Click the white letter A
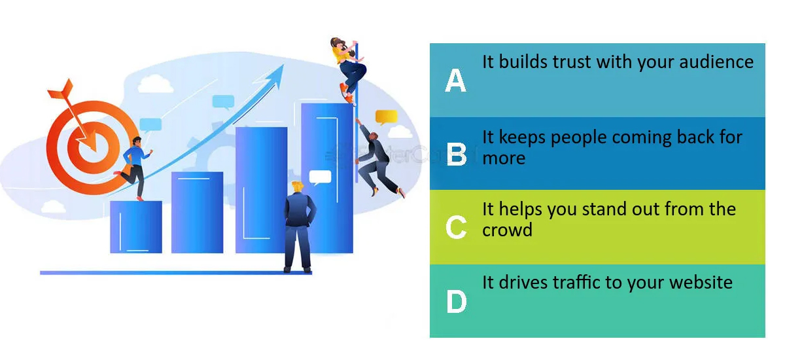(x=455, y=81)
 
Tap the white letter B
(x=457, y=154)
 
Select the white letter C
(x=456, y=227)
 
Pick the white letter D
(x=457, y=301)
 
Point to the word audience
(x=716, y=62)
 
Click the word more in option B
(x=504, y=158)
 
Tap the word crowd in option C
(x=507, y=230)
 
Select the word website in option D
(x=701, y=282)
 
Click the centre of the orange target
(x=92, y=147)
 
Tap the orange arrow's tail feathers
(x=61, y=90)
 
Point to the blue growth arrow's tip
(x=283, y=65)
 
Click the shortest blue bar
(x=136, y=226)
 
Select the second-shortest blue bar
(x=197, y=212)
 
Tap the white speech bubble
(x=320, y=177)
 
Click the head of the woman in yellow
(x=338, y=44)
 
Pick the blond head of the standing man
(x=298, y=187)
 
